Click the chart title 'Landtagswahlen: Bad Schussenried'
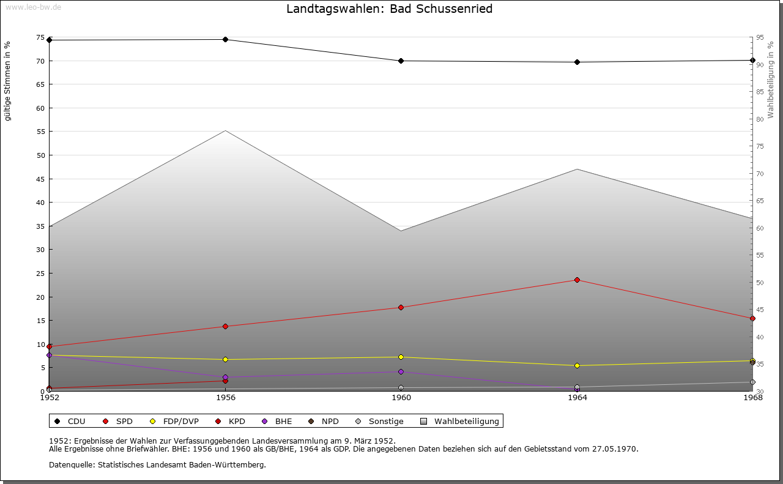pos(389,9)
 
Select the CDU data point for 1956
pos(225,40)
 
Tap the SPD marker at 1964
pos(577,280)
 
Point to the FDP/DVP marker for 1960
pos(401,357)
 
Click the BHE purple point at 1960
pos(401,371)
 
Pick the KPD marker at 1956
pos(225,381)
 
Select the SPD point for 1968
pos(752,318)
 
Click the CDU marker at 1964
pos(577,62)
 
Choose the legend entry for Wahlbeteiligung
pos(466,421)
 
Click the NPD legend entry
pos(330,421)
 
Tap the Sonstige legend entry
pos(385,421)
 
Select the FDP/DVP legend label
pos(180,421)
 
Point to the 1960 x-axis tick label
pos(401,398)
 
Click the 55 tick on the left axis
pos(40,132)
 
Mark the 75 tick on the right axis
pos(760,146)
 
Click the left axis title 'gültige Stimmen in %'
pos(7,81)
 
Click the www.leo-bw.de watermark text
pos(32,7)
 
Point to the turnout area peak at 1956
pos(225,131)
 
